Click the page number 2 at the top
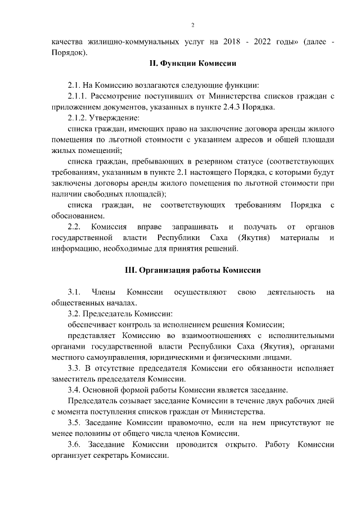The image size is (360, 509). (192, 25)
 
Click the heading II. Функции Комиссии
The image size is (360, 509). (192, 64)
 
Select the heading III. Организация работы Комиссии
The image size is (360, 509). (192, 269)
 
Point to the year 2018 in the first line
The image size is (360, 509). (232, 43)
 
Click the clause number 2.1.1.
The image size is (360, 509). (79, 96)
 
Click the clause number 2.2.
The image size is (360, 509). (74, 227)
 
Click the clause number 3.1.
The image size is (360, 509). (74, 291)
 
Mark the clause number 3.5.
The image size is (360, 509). (74, 422)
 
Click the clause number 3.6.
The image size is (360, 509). (74, 444)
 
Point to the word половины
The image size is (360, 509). (93, 433)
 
